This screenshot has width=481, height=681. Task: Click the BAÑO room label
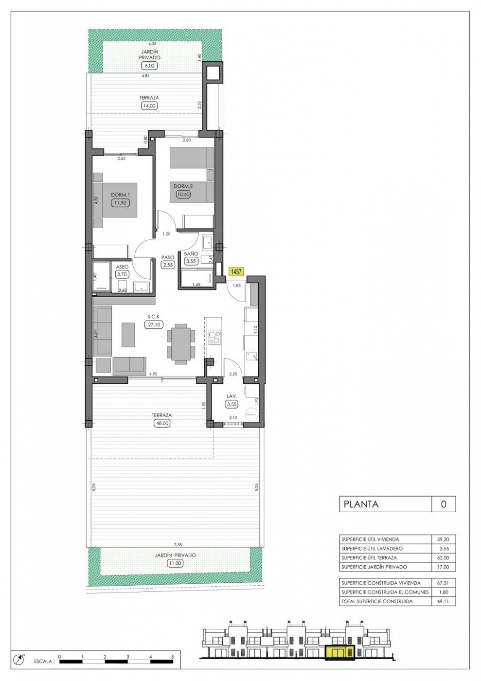coord(190,253)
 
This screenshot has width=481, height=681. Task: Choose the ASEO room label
coord(121,267)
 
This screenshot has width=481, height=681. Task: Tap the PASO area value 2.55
coord(168,265)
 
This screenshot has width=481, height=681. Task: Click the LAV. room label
coord(232,396)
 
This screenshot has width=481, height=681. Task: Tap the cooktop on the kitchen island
coord(214,337)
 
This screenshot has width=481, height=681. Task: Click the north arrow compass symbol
coord(19,659)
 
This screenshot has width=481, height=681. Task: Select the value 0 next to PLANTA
coord(443,504)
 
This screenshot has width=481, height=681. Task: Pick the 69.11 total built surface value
coord(444,601)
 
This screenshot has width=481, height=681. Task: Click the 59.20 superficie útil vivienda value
coord(444,539)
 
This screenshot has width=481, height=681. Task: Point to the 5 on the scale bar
coord(173,656)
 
